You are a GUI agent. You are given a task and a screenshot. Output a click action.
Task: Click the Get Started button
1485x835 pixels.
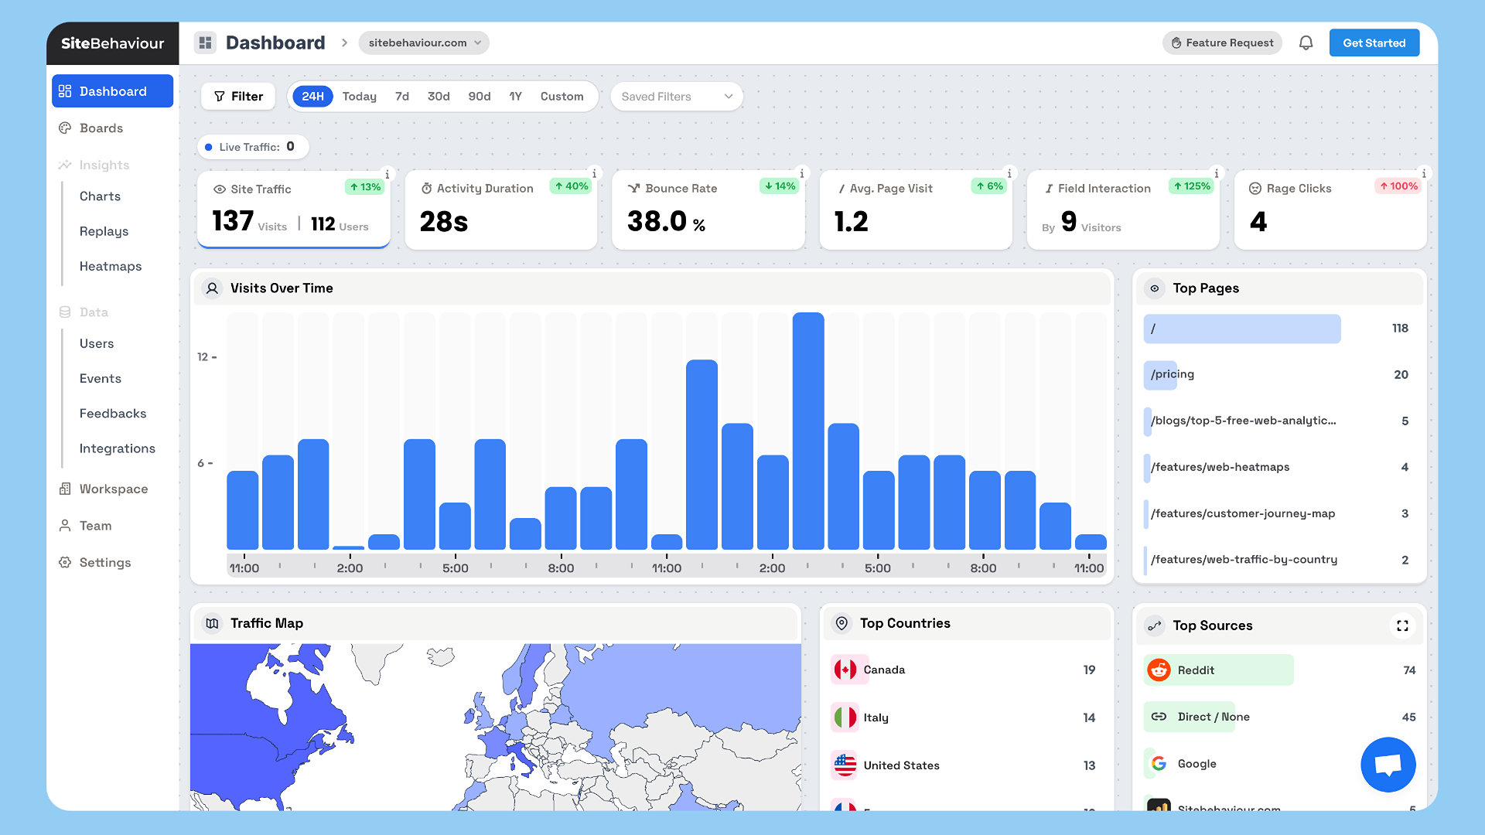pos(1374,43)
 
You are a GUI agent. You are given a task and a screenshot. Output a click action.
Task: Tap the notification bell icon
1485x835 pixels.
pos(1306,43)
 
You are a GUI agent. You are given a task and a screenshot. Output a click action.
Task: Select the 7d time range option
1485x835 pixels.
pos(401,97)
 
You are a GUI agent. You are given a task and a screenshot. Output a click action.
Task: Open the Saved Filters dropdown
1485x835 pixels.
pos(676,97)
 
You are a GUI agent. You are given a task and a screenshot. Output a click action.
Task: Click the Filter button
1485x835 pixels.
pos(238,97)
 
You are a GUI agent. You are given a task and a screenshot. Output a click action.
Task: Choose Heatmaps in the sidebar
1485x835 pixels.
pos(111,266)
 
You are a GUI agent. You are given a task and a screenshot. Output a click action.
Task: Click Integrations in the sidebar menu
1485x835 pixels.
pos(117,448)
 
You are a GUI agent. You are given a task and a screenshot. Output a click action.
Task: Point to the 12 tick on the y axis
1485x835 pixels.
pos(203,357)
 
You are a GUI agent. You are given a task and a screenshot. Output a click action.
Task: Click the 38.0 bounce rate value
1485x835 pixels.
pos(657,222)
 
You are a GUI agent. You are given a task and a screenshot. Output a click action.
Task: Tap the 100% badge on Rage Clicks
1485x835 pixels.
pos(1398,186)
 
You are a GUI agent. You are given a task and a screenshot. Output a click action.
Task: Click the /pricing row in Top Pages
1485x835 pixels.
pos(1173,374)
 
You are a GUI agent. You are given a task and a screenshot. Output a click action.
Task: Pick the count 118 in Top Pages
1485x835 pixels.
pos(1399,329)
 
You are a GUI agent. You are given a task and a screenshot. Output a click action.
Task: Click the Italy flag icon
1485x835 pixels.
pos(845,717)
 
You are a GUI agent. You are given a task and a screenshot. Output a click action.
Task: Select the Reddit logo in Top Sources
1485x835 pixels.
pos(1159,670)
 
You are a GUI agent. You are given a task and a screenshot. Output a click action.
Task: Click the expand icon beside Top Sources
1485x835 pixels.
pos(1401,625)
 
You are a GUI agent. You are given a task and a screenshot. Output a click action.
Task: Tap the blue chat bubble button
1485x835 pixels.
pos(1388,765)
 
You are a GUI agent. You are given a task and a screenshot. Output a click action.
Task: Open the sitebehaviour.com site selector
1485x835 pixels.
pos(424,43)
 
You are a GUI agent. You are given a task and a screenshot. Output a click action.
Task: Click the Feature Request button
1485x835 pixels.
pos(1222,43)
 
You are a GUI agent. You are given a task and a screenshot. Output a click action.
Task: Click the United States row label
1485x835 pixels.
pos(901,765)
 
